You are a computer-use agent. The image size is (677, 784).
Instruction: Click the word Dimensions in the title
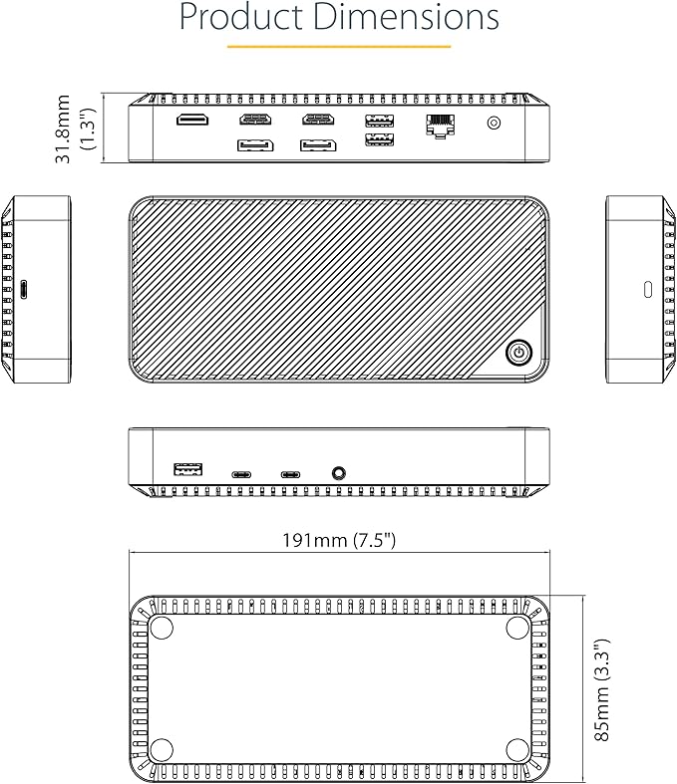point(407,17)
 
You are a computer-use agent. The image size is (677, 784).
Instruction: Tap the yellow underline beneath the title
point(339,47)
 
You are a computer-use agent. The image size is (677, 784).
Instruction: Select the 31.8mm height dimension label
point(63,129)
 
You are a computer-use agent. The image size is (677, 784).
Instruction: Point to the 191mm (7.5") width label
point(339,541)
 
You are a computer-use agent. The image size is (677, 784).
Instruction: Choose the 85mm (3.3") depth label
point(601,690)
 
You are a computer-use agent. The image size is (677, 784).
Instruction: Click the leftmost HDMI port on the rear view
point(192,120)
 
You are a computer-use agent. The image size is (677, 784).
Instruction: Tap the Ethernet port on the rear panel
point(441,126)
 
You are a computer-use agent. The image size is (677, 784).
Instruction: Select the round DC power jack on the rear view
point(494,123)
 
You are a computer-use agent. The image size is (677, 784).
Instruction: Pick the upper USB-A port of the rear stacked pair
point(379,121)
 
